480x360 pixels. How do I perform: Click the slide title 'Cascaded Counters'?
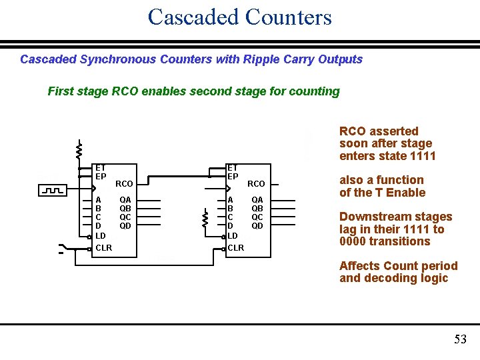[239, 17]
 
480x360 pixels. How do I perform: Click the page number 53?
[460, 339]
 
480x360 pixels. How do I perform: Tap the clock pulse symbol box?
[51, 191]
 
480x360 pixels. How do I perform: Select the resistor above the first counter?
[79, 150]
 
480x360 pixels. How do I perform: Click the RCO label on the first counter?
[124, 183]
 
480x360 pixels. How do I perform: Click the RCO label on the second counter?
[256, 183]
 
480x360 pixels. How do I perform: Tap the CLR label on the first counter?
[104, 248]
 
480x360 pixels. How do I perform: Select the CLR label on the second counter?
[236, 248]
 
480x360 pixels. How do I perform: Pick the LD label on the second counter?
[233, 235]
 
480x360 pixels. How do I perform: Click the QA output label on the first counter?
[125, 199]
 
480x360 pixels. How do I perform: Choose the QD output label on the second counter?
[257, 225]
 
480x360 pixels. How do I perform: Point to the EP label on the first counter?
[101, 177]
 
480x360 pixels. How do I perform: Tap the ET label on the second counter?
[233, 168]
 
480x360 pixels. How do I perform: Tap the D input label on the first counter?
[99, 225]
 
